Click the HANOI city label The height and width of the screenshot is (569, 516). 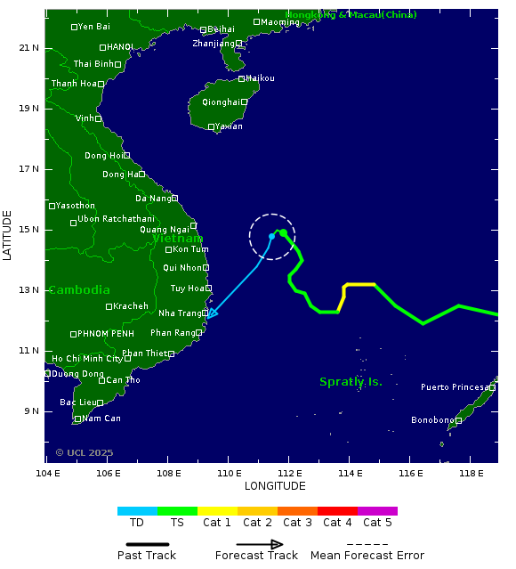120,47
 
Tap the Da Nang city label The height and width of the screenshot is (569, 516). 152,198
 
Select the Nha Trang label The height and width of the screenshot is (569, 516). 179,313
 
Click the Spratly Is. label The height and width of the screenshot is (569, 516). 351,382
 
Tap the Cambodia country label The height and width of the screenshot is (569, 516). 79,290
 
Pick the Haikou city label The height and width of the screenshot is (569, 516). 260,78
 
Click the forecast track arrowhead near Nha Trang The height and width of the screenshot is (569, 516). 212,313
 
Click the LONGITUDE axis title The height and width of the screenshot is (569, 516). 275,486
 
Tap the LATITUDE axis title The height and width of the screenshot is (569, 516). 8,235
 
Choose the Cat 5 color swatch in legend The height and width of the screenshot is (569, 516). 377,511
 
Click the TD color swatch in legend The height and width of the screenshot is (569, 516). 137,511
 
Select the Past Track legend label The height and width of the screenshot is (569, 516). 147,556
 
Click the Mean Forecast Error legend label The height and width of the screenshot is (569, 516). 367,556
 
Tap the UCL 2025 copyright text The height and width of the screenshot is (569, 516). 85,453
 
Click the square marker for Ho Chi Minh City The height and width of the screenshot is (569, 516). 127,359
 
